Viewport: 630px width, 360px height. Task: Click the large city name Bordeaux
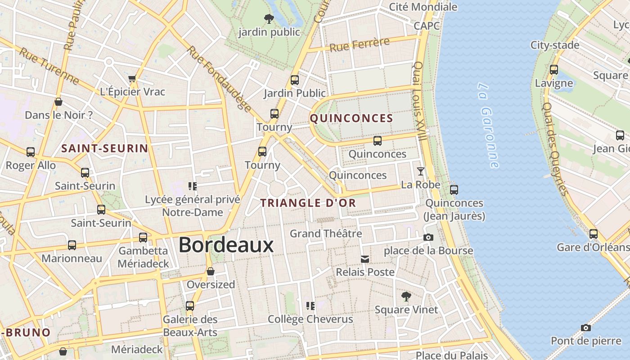pyautogui.click(x=226, y=245)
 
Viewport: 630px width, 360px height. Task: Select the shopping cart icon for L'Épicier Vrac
pyautogui.click(x=132, y=79)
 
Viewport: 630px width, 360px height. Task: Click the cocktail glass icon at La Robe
pyautogui.click(x=421, y=171)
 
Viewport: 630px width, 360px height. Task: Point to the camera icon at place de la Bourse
pyautogui.click(x=428, y=237)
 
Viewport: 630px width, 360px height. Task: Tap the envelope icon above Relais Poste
pyautogui.click(x=365, y=259)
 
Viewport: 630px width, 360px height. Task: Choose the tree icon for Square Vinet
pyautogui.click(x=406, y=296)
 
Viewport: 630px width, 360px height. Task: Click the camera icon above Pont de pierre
pyautogui.click(x=585, y=327)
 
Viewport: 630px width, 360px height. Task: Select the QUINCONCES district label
pyautogui.click(x=351, y=118)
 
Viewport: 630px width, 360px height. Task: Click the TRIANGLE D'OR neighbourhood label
pyautogui.click(x=308, y=203)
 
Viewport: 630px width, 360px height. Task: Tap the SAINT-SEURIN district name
pyautogui.click(x=104, y=148)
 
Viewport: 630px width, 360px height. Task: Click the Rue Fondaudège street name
pyautogui.click(x=219, y=78)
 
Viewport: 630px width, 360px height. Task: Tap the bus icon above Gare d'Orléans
pyautogui.click(x=594, y=234)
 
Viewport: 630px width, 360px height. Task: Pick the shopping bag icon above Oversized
pyautogui.click(x=210, y=271)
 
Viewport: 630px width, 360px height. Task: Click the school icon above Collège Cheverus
pyautogui.click(x=310, y=306)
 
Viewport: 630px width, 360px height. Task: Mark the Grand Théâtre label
pyautogui.click(x=326, y=234)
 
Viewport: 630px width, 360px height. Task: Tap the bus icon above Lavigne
pyautogui.click(x=554, y=70)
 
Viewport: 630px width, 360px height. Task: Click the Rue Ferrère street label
pyautogui.click(x=359, y=45)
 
